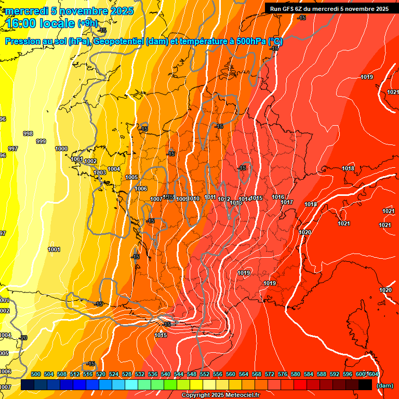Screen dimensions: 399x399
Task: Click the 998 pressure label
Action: point(28,134)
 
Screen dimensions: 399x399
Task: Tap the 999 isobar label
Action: point(41,141)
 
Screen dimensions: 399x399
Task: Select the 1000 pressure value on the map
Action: point(61,149)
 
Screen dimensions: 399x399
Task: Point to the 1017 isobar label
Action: point(287,202)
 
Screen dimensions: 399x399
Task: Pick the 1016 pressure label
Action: point(278,197)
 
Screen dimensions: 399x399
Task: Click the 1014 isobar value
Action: point(245,198)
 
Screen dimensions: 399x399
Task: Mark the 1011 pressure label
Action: point(210,197)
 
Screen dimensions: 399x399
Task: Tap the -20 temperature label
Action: point(23,338)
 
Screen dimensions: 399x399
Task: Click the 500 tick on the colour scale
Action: point(36,374)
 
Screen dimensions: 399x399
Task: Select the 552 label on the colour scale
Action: point(205,374)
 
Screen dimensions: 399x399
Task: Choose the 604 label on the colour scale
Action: point(373,374)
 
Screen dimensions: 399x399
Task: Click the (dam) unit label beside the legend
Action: point(384,385)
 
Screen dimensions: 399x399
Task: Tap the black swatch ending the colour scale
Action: point(365,384)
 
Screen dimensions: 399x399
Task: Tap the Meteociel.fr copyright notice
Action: point(220,395)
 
